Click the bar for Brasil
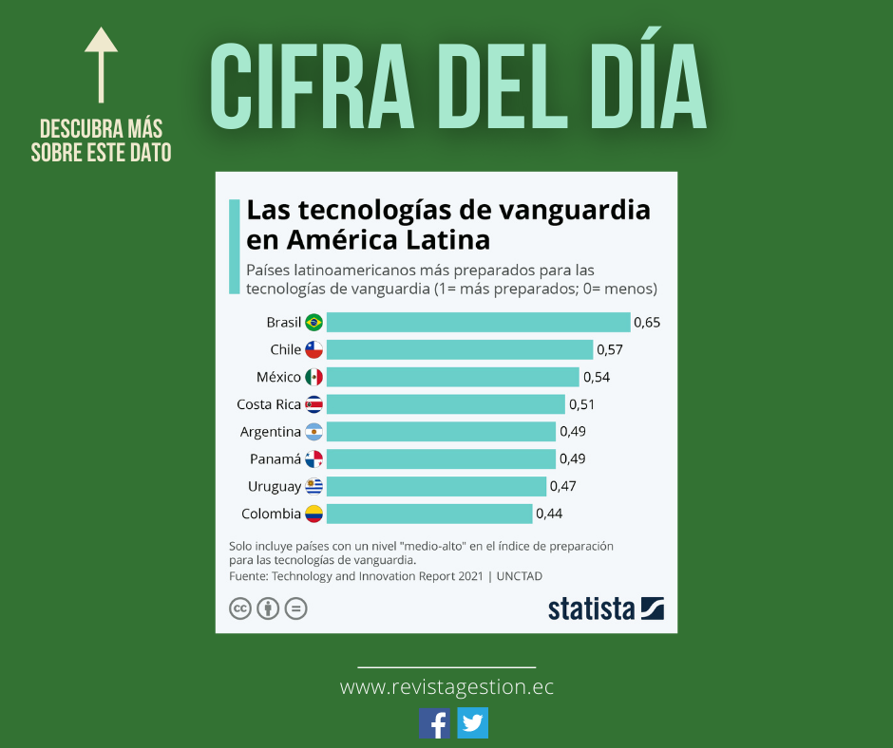(478, 323)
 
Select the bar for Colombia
(429, 514)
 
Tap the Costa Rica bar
(446, 404)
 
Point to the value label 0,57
(610, 350)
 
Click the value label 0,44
(549, 514)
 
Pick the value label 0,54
(597, 377)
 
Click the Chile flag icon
(313, 350)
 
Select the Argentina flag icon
(313, 432)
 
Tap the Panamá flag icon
(313, 459)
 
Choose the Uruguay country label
(275, 487)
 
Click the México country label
(278, 377)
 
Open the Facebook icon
(435, 723)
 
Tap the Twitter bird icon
(472, 723)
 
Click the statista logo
(605, 608)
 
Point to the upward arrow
(102, 64)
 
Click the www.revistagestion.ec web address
(446, 687)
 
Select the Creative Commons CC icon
(240, 608)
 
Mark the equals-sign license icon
(296, 608)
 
